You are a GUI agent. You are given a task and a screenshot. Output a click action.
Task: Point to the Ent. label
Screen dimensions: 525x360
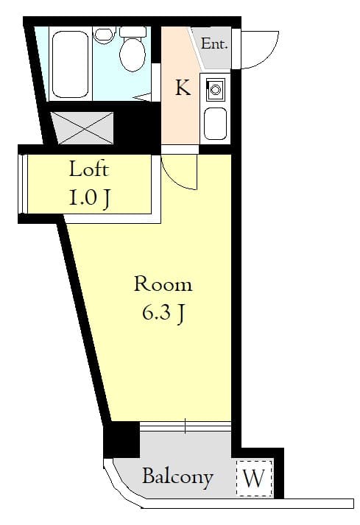pyautogui.click(x=214, y=43)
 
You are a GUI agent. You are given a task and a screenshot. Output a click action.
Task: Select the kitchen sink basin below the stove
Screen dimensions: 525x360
pyautogui.click(x=216, y=123)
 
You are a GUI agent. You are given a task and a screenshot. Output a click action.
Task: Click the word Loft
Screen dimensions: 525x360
pyautogui.click(x=89, y=169)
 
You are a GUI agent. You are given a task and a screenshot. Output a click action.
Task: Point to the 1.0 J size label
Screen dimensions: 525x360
pyautogui.click(x=89, y=197)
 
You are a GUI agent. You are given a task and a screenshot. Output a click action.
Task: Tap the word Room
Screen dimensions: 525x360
pyautogui.click(x=163, y=284)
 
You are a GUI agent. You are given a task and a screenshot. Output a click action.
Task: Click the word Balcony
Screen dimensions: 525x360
pyautogui.click(x=177, y=476)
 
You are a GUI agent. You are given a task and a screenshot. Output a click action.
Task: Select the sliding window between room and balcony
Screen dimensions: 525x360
pyautogui.click(x=185, y=426)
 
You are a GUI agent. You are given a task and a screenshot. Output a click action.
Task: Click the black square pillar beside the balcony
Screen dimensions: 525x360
pyautogui.click(x=121, y=439)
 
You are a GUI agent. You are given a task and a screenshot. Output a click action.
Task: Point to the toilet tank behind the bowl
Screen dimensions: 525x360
pyautogui.click(x=133, y=32)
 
